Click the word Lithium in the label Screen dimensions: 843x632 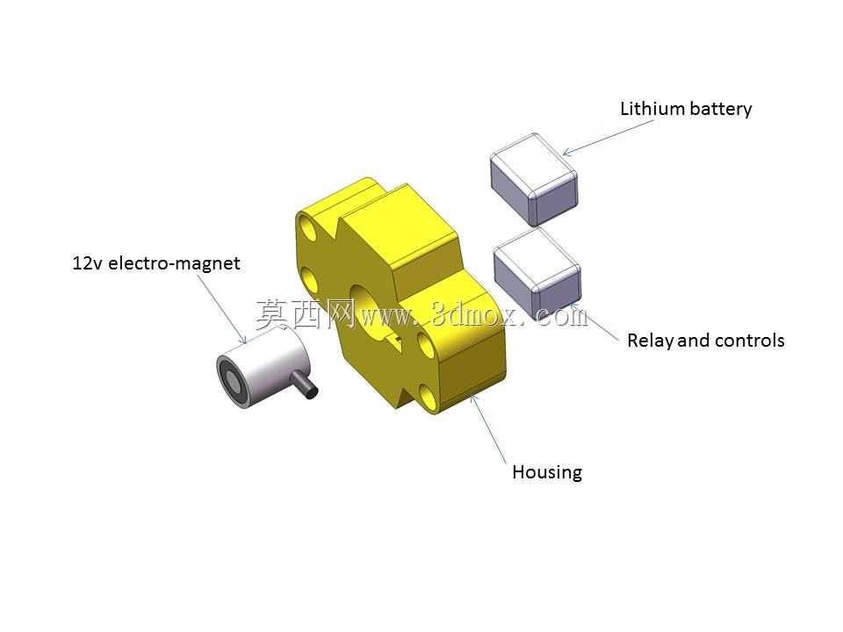[652, 109]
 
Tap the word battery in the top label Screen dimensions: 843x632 [720, 109]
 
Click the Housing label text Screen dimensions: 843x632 [547, 472]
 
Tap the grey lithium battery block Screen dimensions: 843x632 [534, 179]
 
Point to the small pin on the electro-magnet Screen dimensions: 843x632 [305, 386]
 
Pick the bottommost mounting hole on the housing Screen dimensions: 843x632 [429, 397]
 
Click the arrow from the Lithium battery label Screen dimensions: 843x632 [608, 138]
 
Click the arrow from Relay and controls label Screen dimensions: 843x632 [594, 322]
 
